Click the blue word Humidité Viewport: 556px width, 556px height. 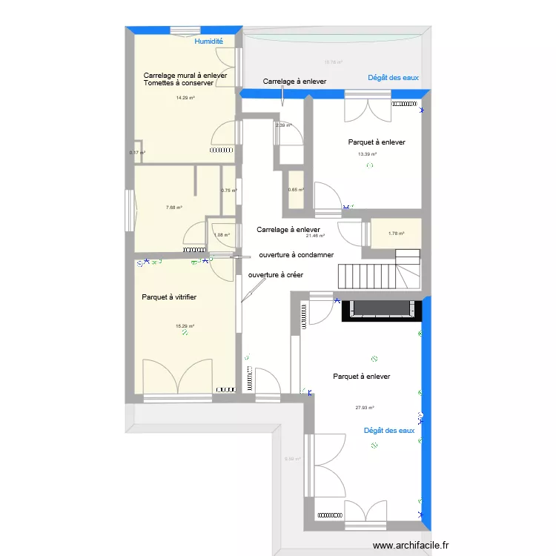[208, 42]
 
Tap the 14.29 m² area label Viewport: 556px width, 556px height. [185, 98]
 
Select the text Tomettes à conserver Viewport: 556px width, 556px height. [179, 83]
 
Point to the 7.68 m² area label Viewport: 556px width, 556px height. [174, 208]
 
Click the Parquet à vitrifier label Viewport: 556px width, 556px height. [169, 297]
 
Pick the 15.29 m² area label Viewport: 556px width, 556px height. [185, 326]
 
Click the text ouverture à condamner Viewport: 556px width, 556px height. [296, 255]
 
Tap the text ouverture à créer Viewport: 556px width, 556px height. [276, 274]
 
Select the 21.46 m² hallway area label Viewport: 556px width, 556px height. [316, 236]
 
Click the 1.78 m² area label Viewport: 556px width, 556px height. [397, 234]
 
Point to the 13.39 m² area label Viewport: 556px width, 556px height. [367, 154]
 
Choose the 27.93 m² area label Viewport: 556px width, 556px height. [365, 407]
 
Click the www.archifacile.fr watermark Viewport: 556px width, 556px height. [411, 545]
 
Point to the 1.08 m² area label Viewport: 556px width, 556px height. [222, 236]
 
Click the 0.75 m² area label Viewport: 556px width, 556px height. [229, 191]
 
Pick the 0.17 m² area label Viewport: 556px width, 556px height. [137, 153]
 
